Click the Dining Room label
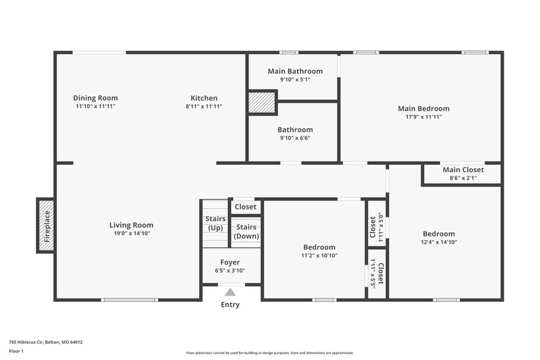[95, 98]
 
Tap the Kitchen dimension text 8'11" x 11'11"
[204, 107]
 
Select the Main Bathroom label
[295, 71]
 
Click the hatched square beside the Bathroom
[262, 103]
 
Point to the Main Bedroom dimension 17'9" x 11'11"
[423, 117]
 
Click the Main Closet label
[462, 170]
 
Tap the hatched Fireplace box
[46, 226]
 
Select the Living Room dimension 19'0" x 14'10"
[131, 234]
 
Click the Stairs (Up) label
[215, 224]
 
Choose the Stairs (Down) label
[246, 232]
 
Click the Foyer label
[230, 262]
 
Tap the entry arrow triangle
[230, 292]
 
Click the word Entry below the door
[230, 305]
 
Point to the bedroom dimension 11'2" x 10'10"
[319, 256]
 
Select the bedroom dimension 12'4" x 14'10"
[439, 242]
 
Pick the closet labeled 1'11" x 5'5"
[376, 275]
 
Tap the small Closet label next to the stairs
[246, 207]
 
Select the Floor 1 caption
[16, 352]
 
